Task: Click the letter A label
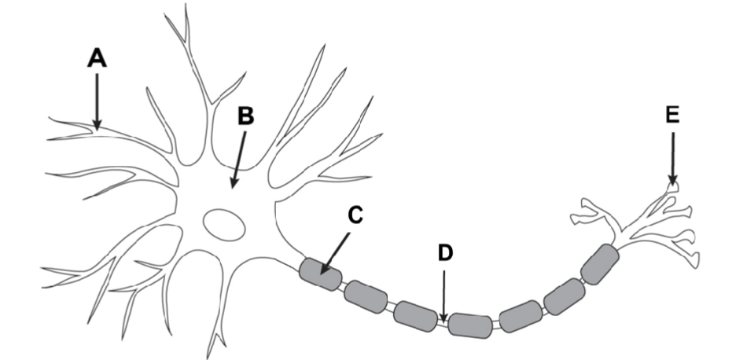96,57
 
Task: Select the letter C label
355,214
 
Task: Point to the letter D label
444,253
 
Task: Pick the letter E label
672,115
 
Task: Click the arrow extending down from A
96,98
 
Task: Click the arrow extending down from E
672,157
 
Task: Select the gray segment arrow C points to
321,274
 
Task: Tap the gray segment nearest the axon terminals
600,263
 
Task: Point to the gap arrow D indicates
444,320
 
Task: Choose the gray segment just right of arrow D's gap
469,324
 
